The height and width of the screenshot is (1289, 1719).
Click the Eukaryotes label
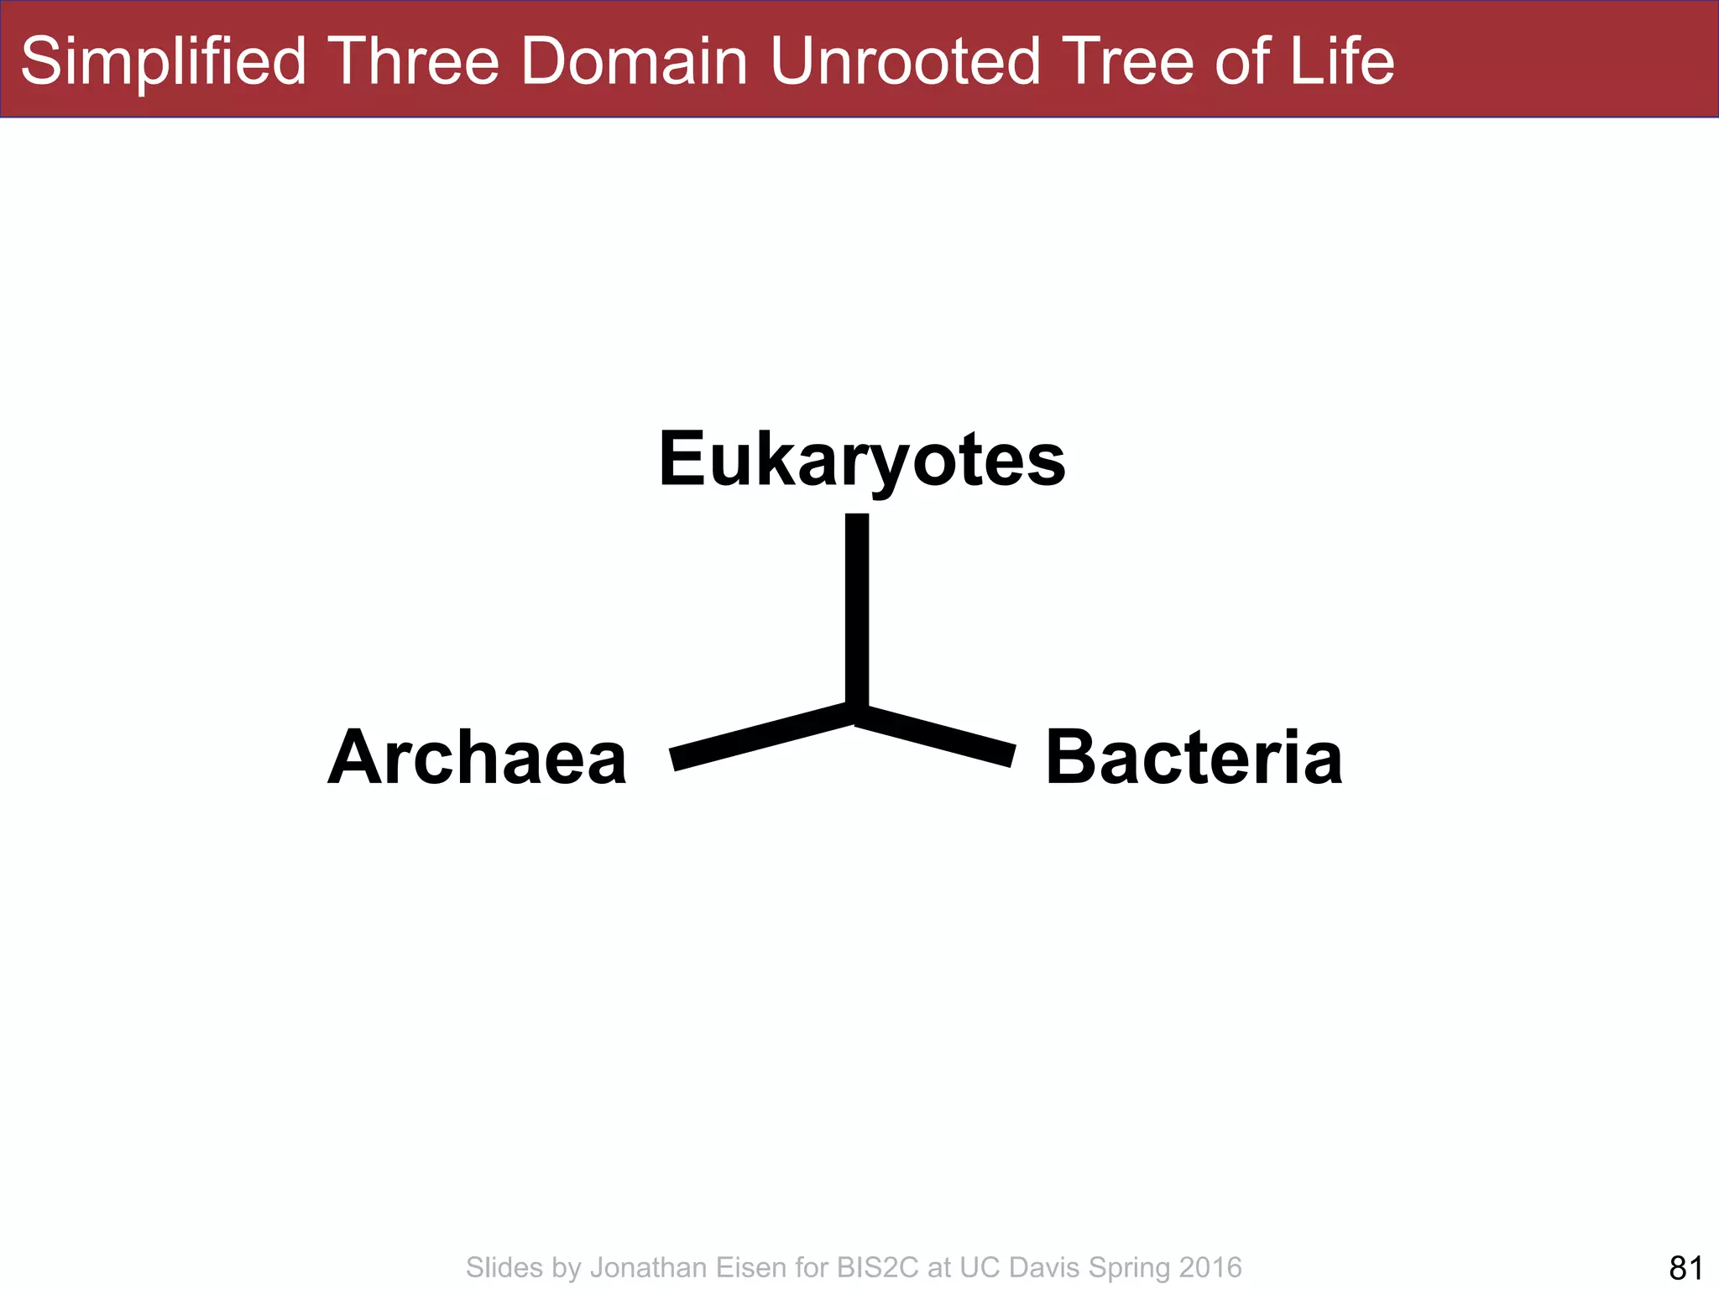[862, 460]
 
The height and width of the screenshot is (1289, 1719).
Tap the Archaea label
[478, 758]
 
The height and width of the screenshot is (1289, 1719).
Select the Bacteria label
[1194, 758]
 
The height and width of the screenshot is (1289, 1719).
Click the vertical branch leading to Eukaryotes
[857, 608]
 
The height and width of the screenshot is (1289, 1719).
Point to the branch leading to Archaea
[760, 736]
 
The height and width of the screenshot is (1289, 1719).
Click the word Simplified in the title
[164, 61]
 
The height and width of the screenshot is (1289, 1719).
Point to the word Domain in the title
[635, 61]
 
